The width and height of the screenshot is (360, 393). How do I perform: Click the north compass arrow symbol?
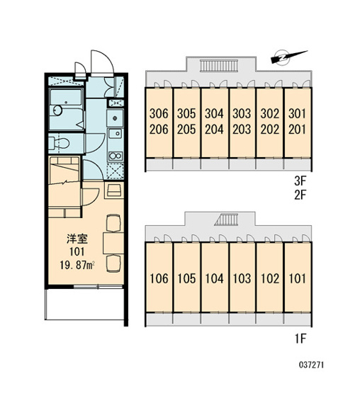[x=289, y=57]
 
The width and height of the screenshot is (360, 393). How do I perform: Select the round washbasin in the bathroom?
[x=57, y=110]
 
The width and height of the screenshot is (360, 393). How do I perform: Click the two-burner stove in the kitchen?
[x=115, y=156]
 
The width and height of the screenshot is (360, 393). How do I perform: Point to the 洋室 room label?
[x=77, y=239]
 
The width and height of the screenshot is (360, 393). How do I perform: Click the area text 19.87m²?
[x=77, y=266]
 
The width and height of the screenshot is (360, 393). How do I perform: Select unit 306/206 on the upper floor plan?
[x=159, y=123]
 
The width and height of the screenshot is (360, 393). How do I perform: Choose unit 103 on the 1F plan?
[x=242, y=278]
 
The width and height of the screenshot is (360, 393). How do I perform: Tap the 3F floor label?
[x=300, y=181]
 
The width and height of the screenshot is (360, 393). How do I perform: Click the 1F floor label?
[x=300, y=339]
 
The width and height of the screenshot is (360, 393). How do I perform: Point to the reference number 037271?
[x=311, y=365]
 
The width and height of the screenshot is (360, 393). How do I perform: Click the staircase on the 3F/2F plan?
[x=219, y=66]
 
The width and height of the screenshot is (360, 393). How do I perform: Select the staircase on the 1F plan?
[x=227, y=220]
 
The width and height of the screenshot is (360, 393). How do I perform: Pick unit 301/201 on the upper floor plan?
[x=298, y=123]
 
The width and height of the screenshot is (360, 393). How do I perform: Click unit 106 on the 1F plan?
[x=159, y=278]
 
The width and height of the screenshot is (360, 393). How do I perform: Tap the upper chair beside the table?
[x=113, y=223]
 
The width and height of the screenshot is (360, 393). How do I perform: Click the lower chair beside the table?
[x=113, y=263]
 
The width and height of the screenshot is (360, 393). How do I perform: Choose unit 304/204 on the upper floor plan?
[x=214, y=123]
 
